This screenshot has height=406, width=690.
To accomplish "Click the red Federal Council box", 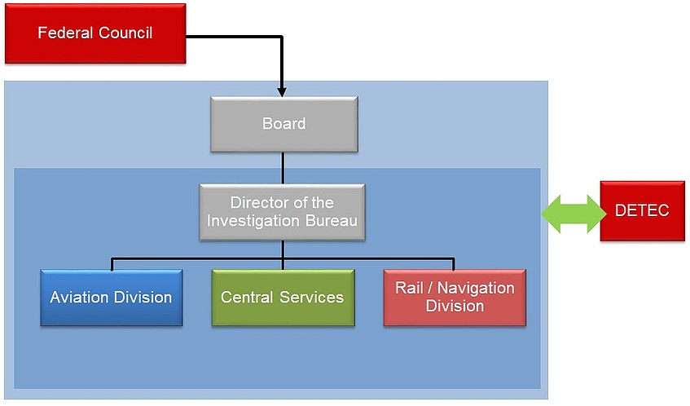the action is [95, 33].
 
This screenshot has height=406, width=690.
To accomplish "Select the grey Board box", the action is [284, 124].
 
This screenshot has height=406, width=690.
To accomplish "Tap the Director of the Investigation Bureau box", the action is [282, 212].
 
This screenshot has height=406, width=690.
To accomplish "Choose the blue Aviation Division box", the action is [112, 298].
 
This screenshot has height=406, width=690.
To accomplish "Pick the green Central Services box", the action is [283, 298].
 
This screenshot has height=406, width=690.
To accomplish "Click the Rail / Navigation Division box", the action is [455, 298].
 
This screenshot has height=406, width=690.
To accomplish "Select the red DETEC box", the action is [643, 211].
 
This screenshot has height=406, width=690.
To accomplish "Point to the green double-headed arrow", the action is [574, 214].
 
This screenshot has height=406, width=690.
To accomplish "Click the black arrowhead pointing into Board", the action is [282, 91].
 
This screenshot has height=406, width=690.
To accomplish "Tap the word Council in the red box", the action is [125, 33].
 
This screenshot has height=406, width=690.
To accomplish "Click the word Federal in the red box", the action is [65, 33].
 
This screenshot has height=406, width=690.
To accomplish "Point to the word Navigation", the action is [476, 288].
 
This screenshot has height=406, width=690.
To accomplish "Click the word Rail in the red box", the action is [408, 288].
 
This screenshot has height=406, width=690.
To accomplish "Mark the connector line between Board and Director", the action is [283, 168].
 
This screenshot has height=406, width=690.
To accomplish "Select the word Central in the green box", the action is [247, 298].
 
